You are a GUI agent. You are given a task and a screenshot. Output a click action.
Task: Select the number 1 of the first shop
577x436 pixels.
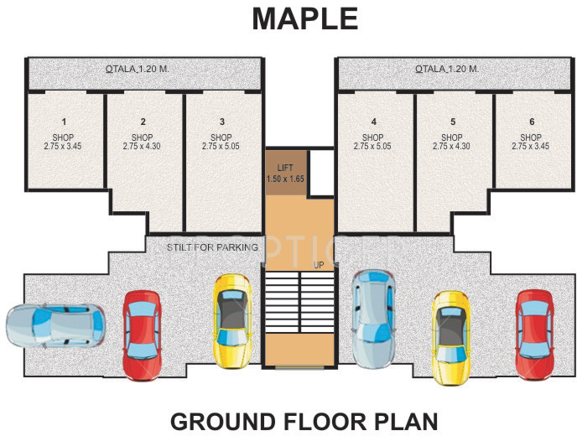(x=63, y=122)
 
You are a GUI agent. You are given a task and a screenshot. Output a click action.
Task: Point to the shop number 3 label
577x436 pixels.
(x=221, y=122)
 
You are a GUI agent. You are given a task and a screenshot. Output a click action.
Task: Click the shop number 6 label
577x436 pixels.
(x=531, y=122)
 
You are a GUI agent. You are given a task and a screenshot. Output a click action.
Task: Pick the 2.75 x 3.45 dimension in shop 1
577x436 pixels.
(x=63, y=146)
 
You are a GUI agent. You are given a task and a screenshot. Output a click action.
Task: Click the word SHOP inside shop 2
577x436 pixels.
(x=142, y=138)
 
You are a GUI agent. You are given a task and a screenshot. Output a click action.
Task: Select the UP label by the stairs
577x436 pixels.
(x=319, y=265)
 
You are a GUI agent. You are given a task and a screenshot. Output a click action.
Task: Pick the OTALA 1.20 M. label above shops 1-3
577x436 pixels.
(x=138, y=69)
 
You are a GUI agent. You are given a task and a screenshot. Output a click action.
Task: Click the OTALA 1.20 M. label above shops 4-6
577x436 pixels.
(x=447, y=69)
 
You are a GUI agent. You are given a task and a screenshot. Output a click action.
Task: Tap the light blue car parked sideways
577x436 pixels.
(x=56, y=327)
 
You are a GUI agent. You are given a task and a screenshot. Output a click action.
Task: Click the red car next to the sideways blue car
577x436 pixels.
(x=141, y=334)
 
